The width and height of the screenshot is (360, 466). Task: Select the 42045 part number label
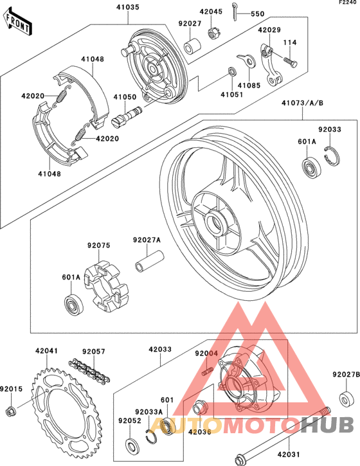click(x=210, y=12)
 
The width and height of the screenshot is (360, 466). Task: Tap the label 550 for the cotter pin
click(x=257, y=13)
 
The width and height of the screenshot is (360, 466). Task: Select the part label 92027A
click(x=147, y=240)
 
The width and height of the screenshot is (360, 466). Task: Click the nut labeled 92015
click(x=10, y=411)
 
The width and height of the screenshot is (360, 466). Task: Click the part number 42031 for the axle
click(x=288, y=454)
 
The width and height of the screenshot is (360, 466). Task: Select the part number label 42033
click(x=160, y=350)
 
